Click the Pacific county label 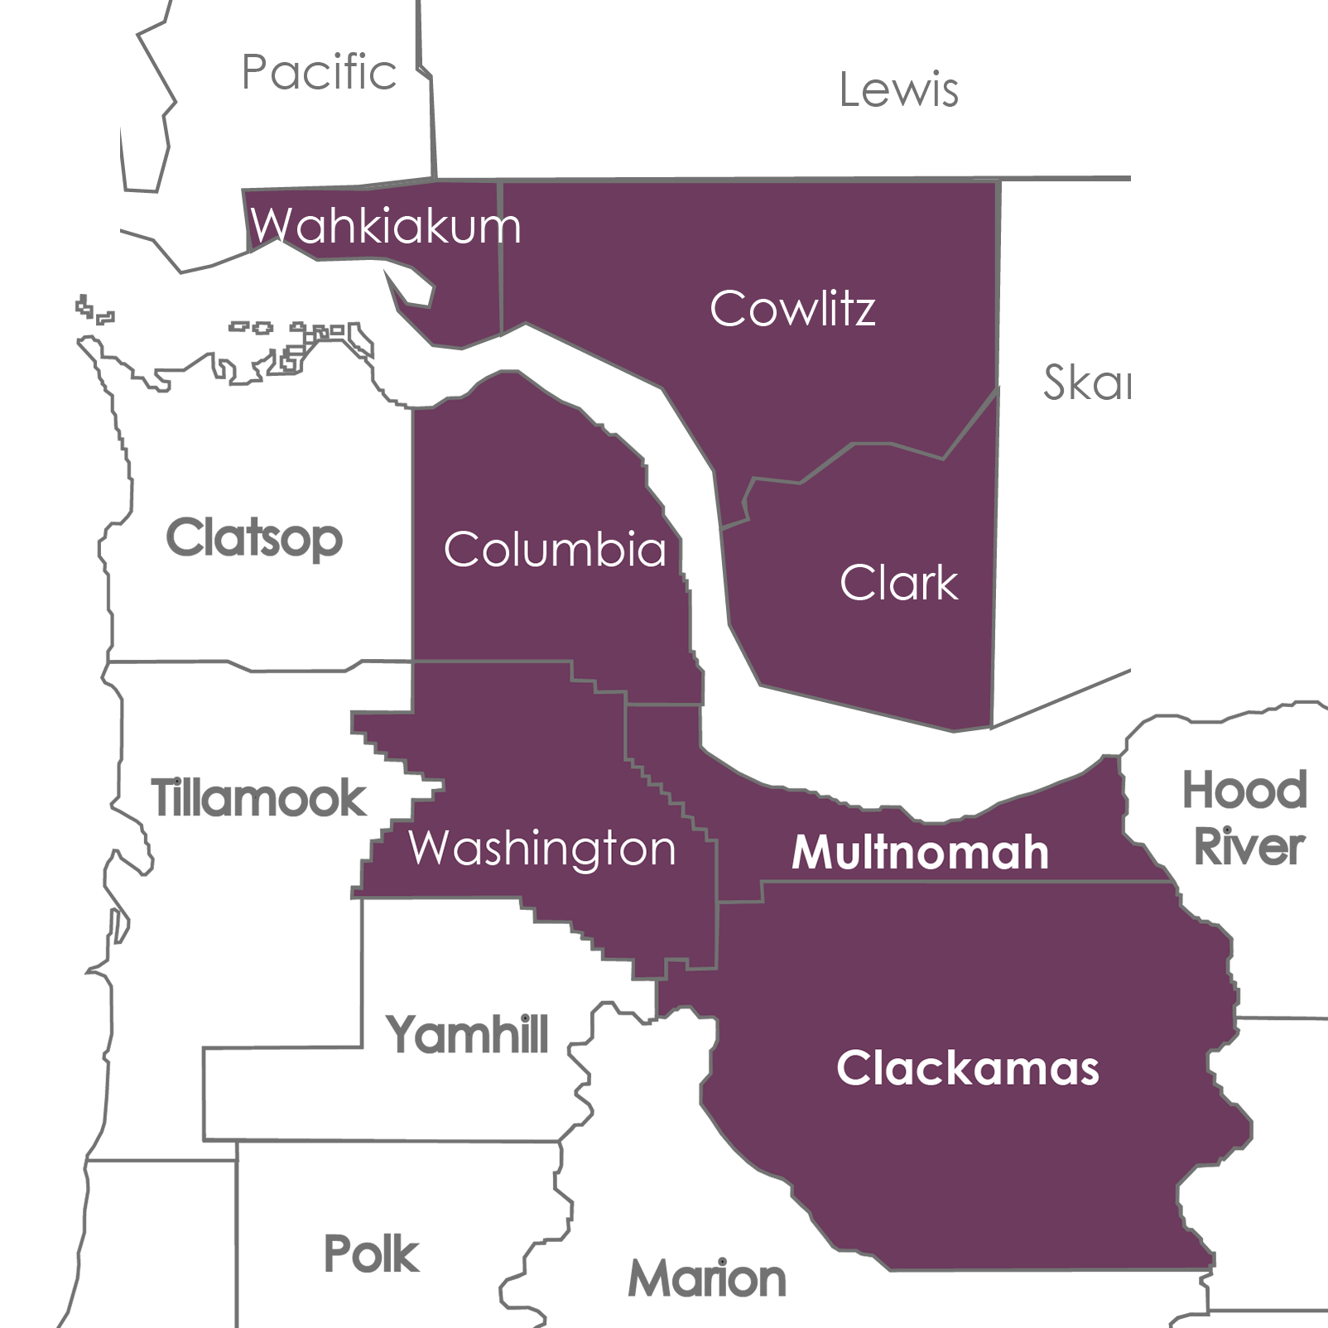pyautogui.click(x=319, y=72)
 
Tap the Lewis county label pyautogui.click(x=898, y=89)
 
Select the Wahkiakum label pyautogui.click(x=386, y=225)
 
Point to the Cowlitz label pyautogui.click(x=792, y=309)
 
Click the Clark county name pyautogui.click(x=898, y=582)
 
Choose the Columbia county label pyautogui.click(x=555, y=549)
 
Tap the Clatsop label pyautogui.click(x=254, y=538)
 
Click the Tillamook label pyautogui.click(x=258, y=798)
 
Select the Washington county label pyautogui.click(x=542, y=848)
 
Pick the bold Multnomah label pyautogui.click(x=920, y=852)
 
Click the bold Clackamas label pyautogui.click(x=967, y=1068)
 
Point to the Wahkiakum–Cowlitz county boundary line pyautogui.click(x=500, y=257)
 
